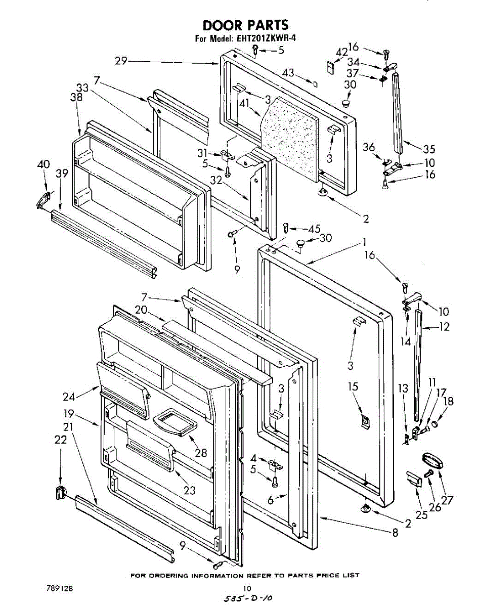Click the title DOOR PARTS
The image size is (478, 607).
[x=245, y=25]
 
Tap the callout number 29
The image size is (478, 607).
[x=120, y=61]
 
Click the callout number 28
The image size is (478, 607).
[x=201, y=453]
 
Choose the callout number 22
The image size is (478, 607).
[x=61, y=440]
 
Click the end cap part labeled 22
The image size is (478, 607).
[x=61, y=491]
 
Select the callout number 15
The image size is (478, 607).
[x=353, y=387]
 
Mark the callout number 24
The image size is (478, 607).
[x=83, y=397]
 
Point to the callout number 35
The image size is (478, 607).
[x=429, y=149]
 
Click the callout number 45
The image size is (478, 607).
[x=315, y=229]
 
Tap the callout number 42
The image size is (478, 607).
[x=342, y=52]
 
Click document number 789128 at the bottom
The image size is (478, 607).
[x=60, y=588]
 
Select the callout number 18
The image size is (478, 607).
[x=448, y=402]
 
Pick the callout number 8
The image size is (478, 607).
[x=395, y=532]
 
